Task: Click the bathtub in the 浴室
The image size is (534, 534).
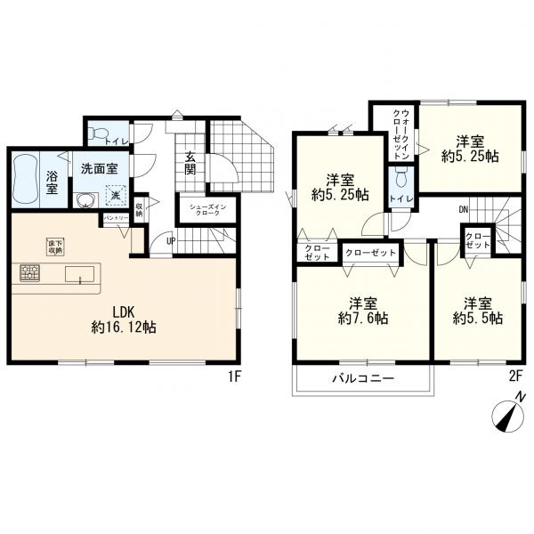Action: [26, 180]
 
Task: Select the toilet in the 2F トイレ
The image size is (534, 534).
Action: [401, 176]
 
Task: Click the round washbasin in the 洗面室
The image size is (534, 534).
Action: [85, 200]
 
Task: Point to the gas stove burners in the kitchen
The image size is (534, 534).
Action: [30, 273]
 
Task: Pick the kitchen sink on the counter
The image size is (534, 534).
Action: [80, 274]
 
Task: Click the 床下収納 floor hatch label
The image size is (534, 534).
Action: [55, 247]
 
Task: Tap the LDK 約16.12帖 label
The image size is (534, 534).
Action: [124, 320]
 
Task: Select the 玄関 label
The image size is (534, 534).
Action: [190, 163]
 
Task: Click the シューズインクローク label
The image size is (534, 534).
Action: [208, 210]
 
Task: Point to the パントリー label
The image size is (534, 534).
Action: [116, 217]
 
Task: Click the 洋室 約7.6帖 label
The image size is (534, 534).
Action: [363, 311]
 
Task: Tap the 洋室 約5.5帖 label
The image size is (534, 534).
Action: [478, 311]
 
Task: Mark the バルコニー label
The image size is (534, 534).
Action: [363, 378]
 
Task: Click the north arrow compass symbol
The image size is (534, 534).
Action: [507, 415]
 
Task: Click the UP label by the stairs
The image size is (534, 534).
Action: [171, 241]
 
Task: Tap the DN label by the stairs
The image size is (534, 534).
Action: [464, 209]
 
